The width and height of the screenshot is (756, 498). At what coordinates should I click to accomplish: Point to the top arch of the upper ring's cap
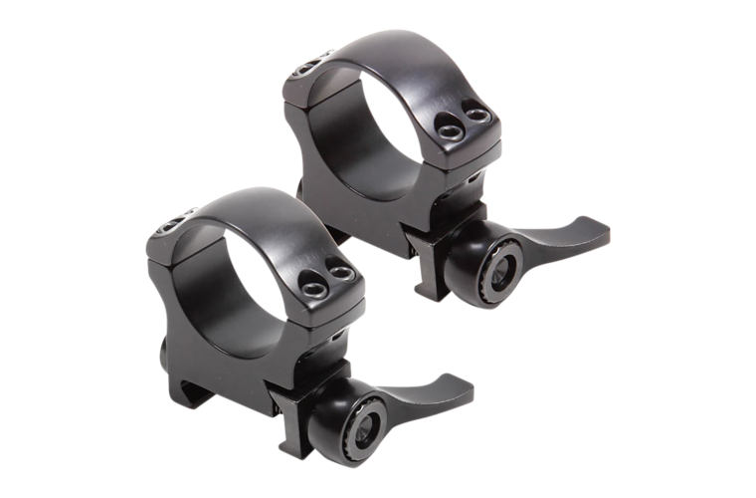[x=398, y=50]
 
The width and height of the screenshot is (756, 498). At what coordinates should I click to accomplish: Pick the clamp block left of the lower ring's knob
[x=318, y=398]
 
